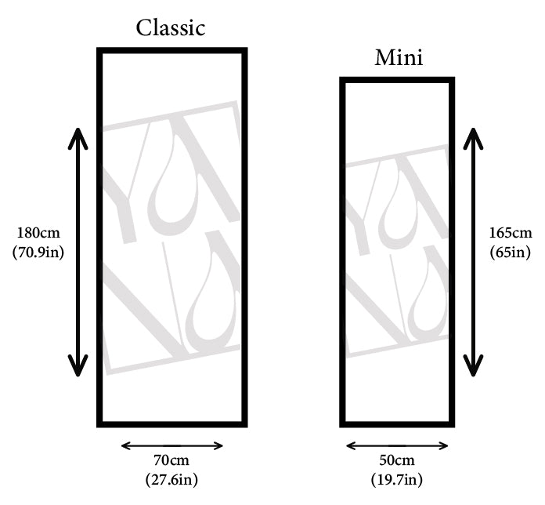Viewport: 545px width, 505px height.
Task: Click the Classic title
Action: pos(171,28)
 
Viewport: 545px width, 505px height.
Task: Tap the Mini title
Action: pos(399,58)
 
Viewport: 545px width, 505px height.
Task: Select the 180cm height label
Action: pos(38,233)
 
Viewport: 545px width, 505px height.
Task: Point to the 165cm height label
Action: pos(510,233)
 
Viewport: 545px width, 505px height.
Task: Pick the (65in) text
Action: pos(510,252)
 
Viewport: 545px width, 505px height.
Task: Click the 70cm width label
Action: pos(171,460)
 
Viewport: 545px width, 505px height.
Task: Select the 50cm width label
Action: pos(397,460)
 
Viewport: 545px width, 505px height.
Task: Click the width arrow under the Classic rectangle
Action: pos(172,446)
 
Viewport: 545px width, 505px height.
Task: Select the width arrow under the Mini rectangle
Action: pos(397,446)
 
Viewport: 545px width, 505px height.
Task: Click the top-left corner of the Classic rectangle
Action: pos(100,51)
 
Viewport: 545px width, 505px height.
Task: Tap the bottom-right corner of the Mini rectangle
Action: pos(451,423)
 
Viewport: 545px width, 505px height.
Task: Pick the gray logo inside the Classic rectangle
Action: pos(171,239)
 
